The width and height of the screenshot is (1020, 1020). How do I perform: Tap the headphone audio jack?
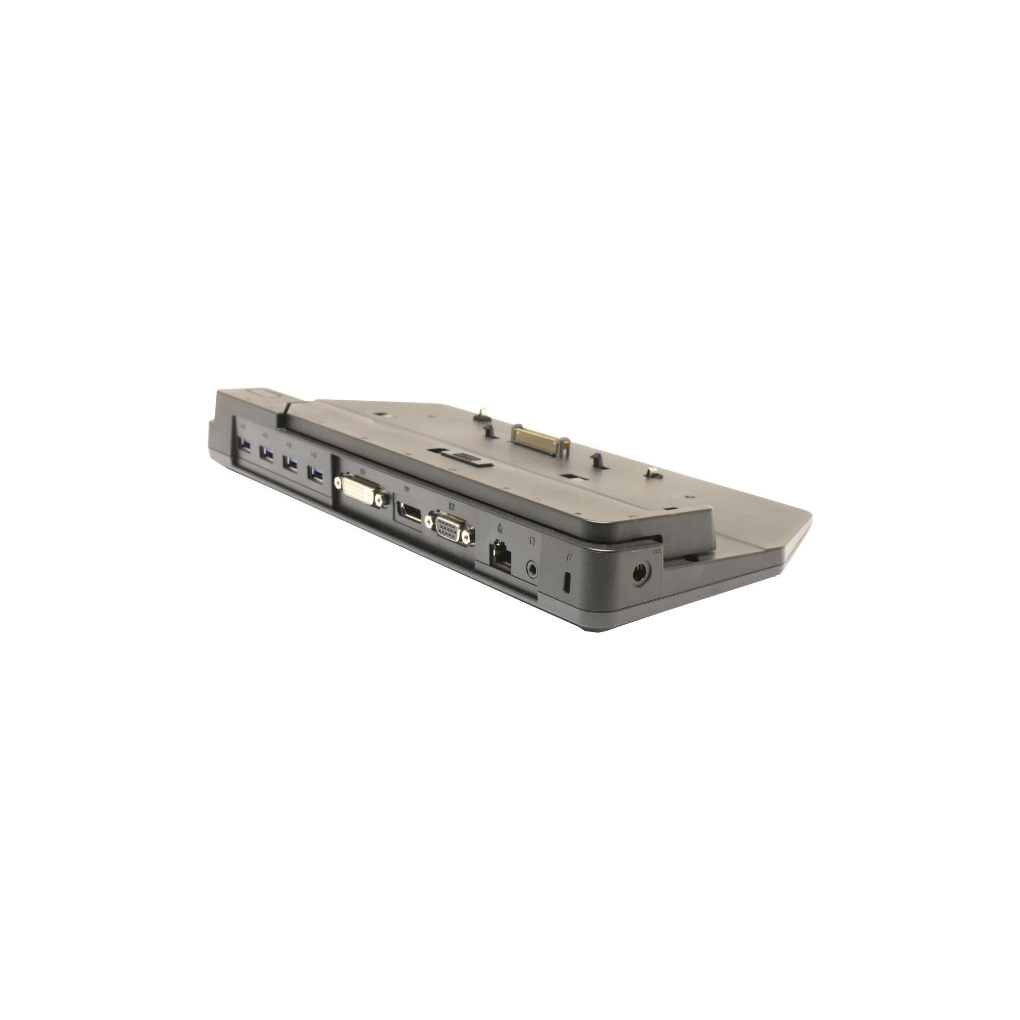tap(534, 568)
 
